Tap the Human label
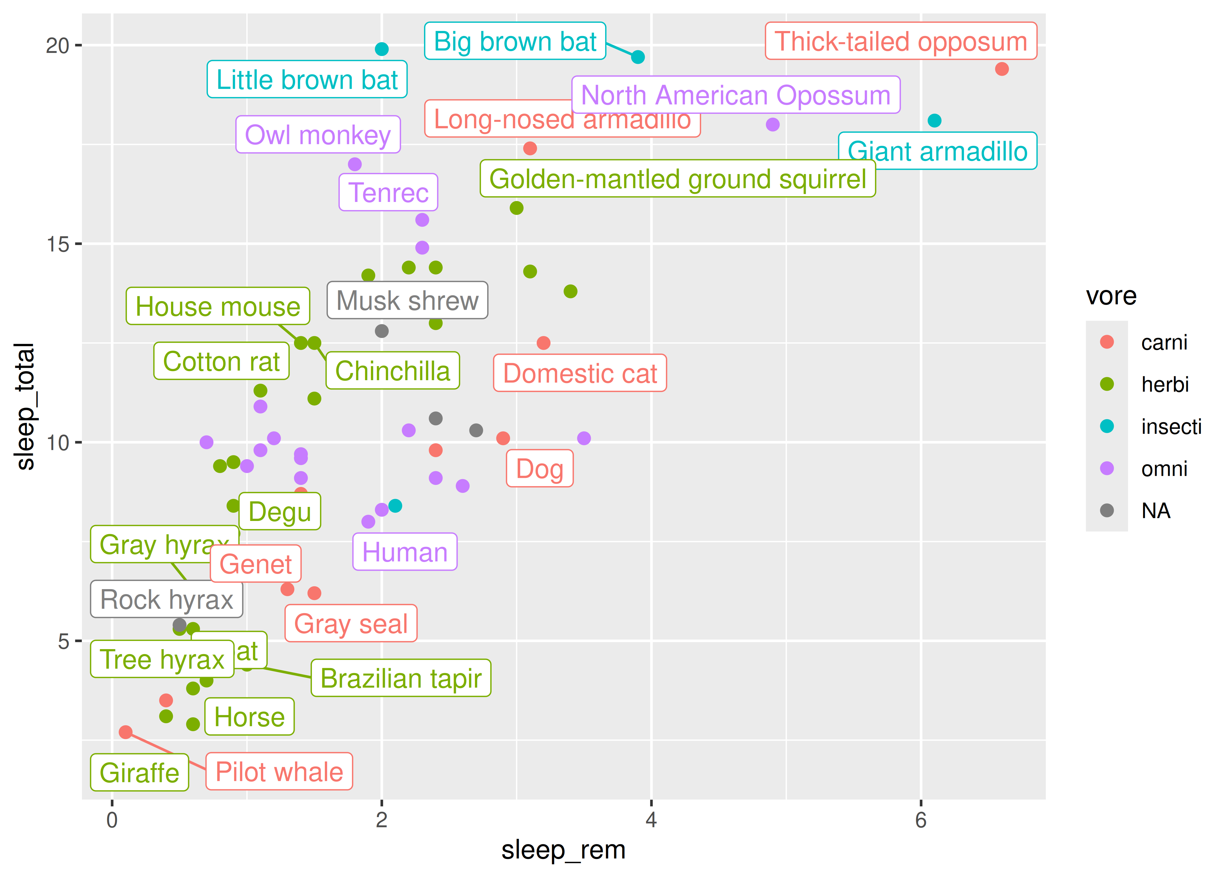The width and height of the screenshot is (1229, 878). click(405, 552)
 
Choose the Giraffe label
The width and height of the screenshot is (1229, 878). click(140, 773)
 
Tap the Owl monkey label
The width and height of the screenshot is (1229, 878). click(318, 135)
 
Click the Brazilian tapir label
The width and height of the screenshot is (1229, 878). click(401, 678)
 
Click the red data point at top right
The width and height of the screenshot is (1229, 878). click(1001, 69)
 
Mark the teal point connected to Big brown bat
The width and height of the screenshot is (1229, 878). click(638, 57)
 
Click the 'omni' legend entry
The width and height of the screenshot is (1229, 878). click(1164, 469)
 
